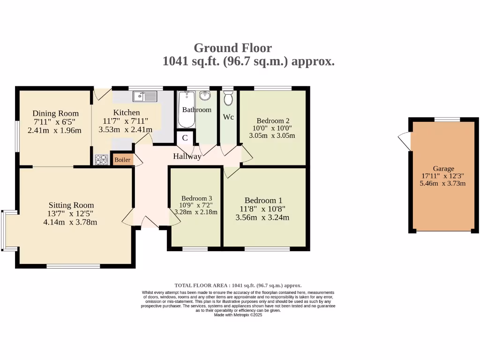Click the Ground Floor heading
(232, 48)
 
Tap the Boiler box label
(122, 160)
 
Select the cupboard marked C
(185, 138)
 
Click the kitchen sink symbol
(145, 97)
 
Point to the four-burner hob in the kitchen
(101, 160)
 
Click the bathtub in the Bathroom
(186, 110)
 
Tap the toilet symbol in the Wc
(228, 98)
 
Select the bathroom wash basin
(205, 96)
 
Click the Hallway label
(187, 156)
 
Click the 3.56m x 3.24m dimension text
(262, 217)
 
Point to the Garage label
(443, 169)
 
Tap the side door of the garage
(404, 141)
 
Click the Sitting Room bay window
(5, 230)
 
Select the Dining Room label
(55, 113)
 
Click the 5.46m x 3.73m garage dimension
(443, 183)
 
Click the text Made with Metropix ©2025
(238, 315)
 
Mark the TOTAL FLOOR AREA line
(238, 285)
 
